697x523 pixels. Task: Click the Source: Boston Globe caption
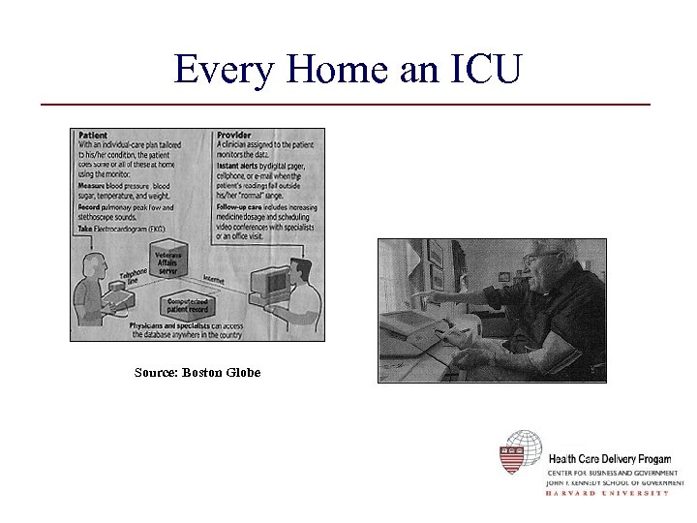click(x=197, y=373)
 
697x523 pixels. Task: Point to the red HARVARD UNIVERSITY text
click(x=608, y=493)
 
